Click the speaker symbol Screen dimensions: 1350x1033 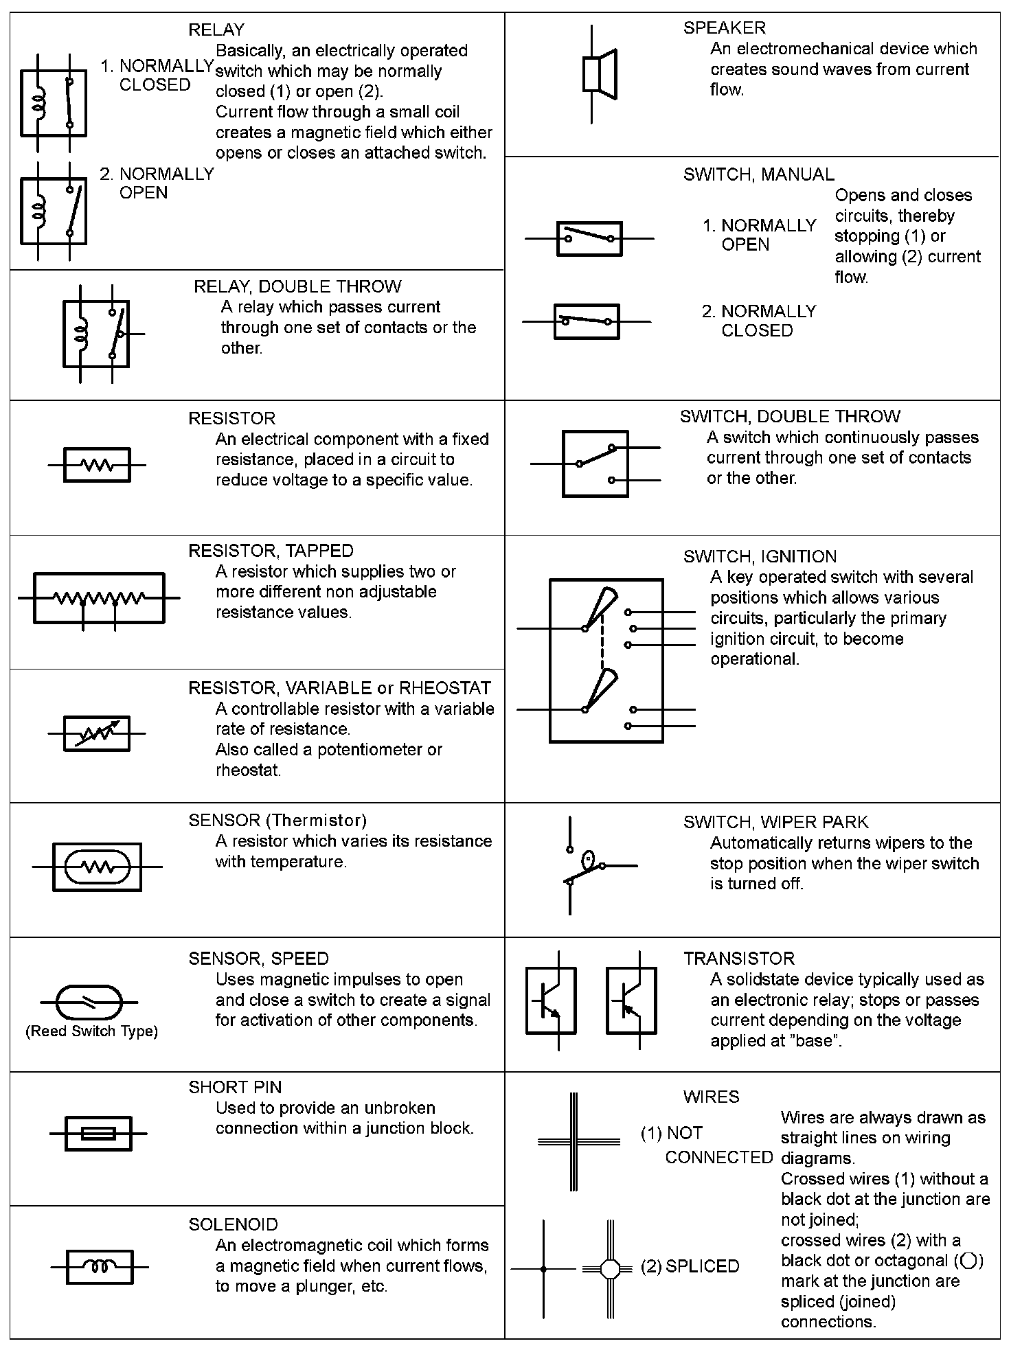tap(599, 73)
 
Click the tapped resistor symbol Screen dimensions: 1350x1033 tap(99, 599)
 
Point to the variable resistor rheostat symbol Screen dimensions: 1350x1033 tap(97, 733)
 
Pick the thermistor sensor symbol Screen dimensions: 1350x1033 tap(97, 867)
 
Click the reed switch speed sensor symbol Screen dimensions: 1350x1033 tap(88, 1003)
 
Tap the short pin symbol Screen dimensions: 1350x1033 tap(98, 1133)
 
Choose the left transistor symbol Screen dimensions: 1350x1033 tap(551, 1000)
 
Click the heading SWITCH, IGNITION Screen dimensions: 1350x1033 tap(760, 556)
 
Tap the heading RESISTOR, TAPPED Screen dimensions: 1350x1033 tap(271, 551)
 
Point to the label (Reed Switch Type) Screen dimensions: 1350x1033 tap(91, 1031)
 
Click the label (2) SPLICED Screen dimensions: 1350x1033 tap(690, 1266)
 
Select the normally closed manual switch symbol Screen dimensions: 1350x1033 tap(587, 321)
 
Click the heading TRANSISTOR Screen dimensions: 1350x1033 tap(738, 959)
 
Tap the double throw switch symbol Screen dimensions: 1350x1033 tap(595, 464)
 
